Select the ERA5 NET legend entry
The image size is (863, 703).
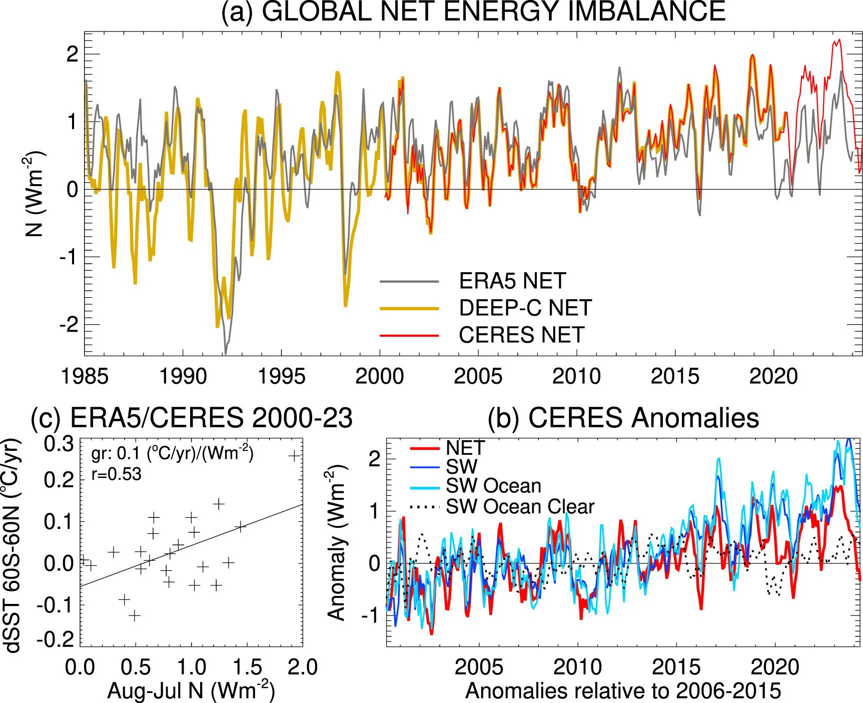[512, 281]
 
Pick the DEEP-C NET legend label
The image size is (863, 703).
[525, 308]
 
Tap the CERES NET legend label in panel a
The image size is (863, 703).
[521, 335]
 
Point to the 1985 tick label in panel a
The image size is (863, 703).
[84, 376]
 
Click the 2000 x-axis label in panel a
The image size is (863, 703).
[379, 376]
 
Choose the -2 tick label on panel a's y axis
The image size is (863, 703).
[69, 325]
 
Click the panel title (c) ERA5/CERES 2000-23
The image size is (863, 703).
[192, 418]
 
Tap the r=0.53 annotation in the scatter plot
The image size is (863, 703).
[117, 474]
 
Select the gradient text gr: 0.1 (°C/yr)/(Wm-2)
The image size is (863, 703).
[173, 453]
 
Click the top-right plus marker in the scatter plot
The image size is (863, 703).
[294, 455]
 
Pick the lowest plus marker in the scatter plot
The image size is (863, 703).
[134, 615]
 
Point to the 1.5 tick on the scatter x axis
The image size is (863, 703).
[247, 667]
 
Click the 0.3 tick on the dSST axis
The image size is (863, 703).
[59, 444]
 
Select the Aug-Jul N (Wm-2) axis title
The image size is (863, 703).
[191, 691]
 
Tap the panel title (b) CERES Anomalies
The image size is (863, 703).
[623, 418]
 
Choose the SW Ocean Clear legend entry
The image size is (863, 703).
[520, 507]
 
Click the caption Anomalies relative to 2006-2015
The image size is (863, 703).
[623, 691]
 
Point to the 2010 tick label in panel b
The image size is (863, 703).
[577, 667]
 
